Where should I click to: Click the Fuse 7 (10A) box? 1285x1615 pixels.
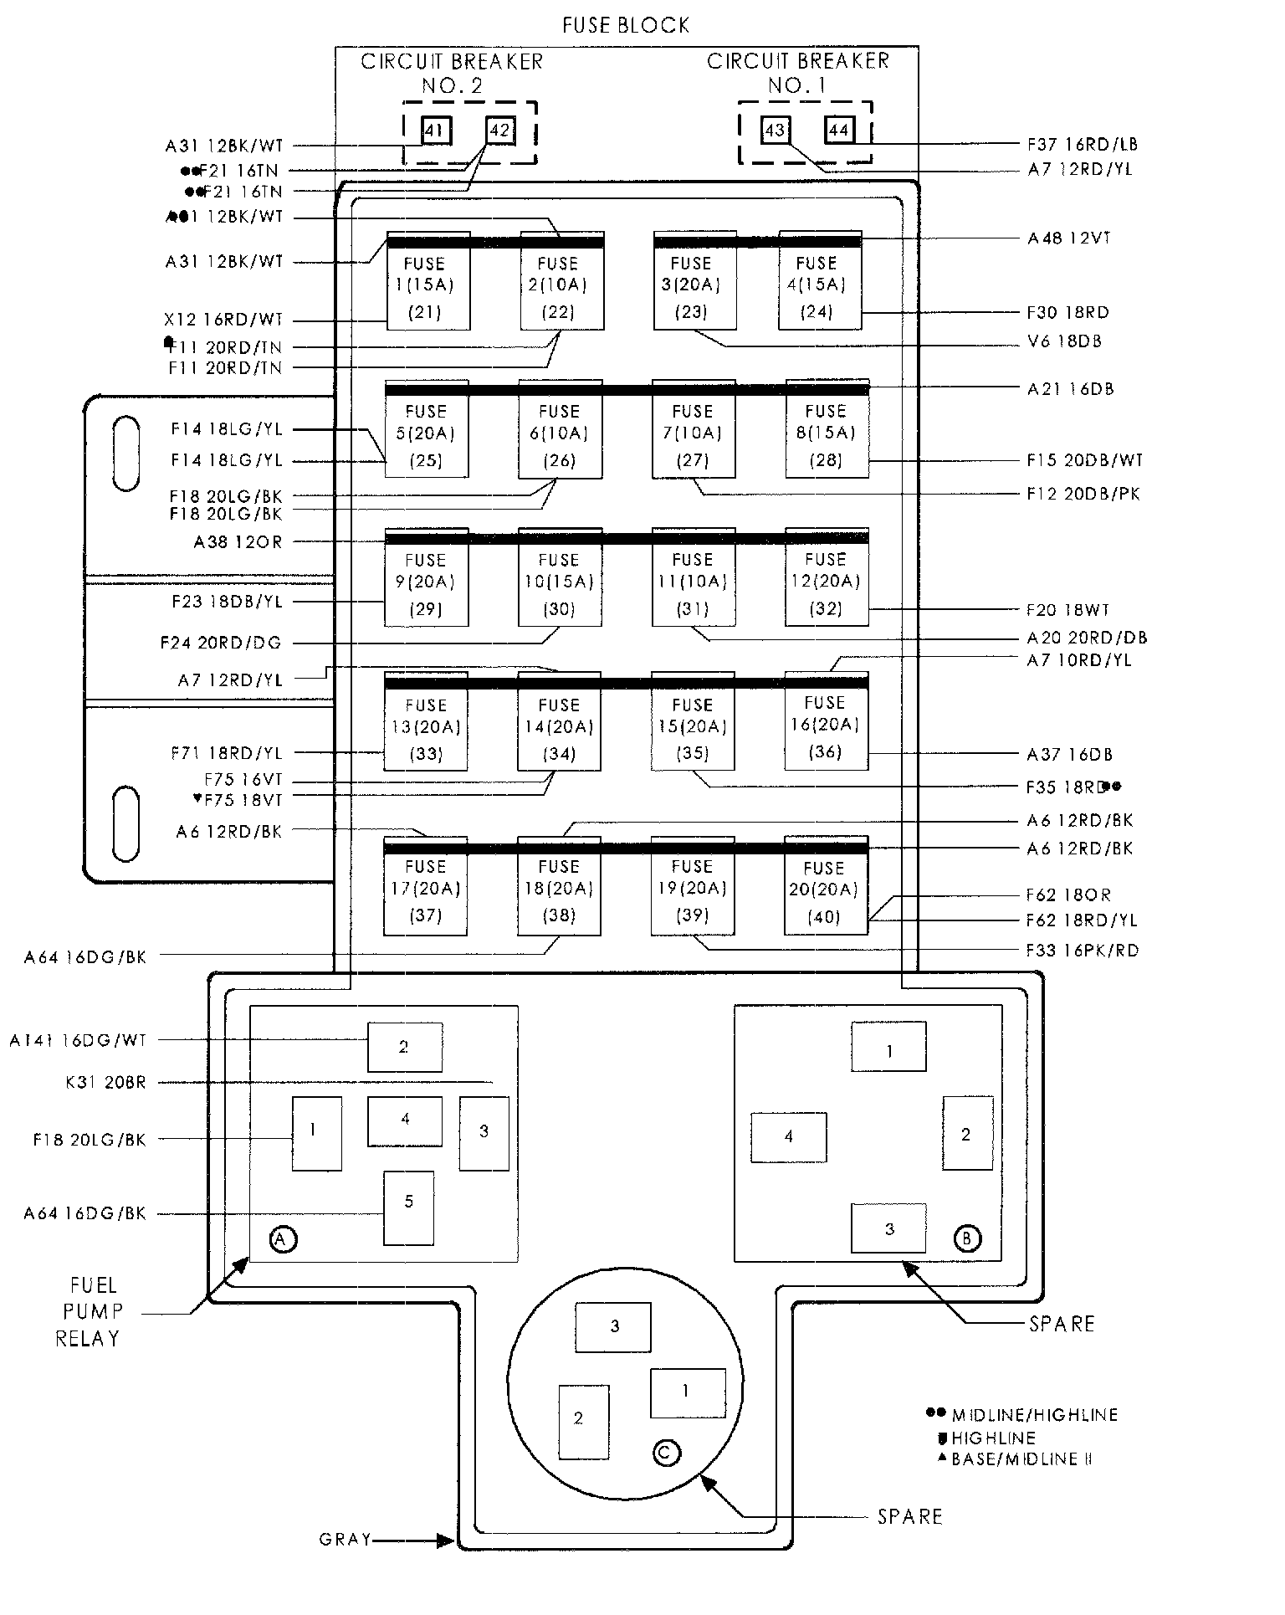(x=694, y=433)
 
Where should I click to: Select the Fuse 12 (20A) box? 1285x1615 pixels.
(x=827, y=582)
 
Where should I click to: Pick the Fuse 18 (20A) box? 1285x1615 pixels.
(x=559, y=889)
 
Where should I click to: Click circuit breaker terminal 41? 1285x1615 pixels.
(x=433, y=131)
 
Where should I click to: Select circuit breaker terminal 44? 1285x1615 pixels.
(x=838, y=130)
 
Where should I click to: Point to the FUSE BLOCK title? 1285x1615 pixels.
(x=626, y=26)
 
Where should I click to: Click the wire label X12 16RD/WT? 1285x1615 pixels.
(x=223, y=320)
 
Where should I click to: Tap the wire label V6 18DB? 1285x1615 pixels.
(x=1064, y=341)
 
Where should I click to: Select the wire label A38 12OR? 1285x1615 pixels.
(x=238, y=542)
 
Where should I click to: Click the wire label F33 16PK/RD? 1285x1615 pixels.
(x=1083, y=951)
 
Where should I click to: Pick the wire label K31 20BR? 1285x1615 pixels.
(x=105, y=1083)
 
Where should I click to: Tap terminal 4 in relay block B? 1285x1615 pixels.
(x=788, y=1137)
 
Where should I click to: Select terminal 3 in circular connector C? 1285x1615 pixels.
(x=613, y=1326)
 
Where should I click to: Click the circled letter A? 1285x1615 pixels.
(x=283, y=1238)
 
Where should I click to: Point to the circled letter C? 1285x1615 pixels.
(x=666, y=1453)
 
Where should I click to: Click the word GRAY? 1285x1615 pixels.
(x=346, y=1540)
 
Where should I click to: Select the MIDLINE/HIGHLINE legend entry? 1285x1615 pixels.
(x=1034, y=1415)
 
